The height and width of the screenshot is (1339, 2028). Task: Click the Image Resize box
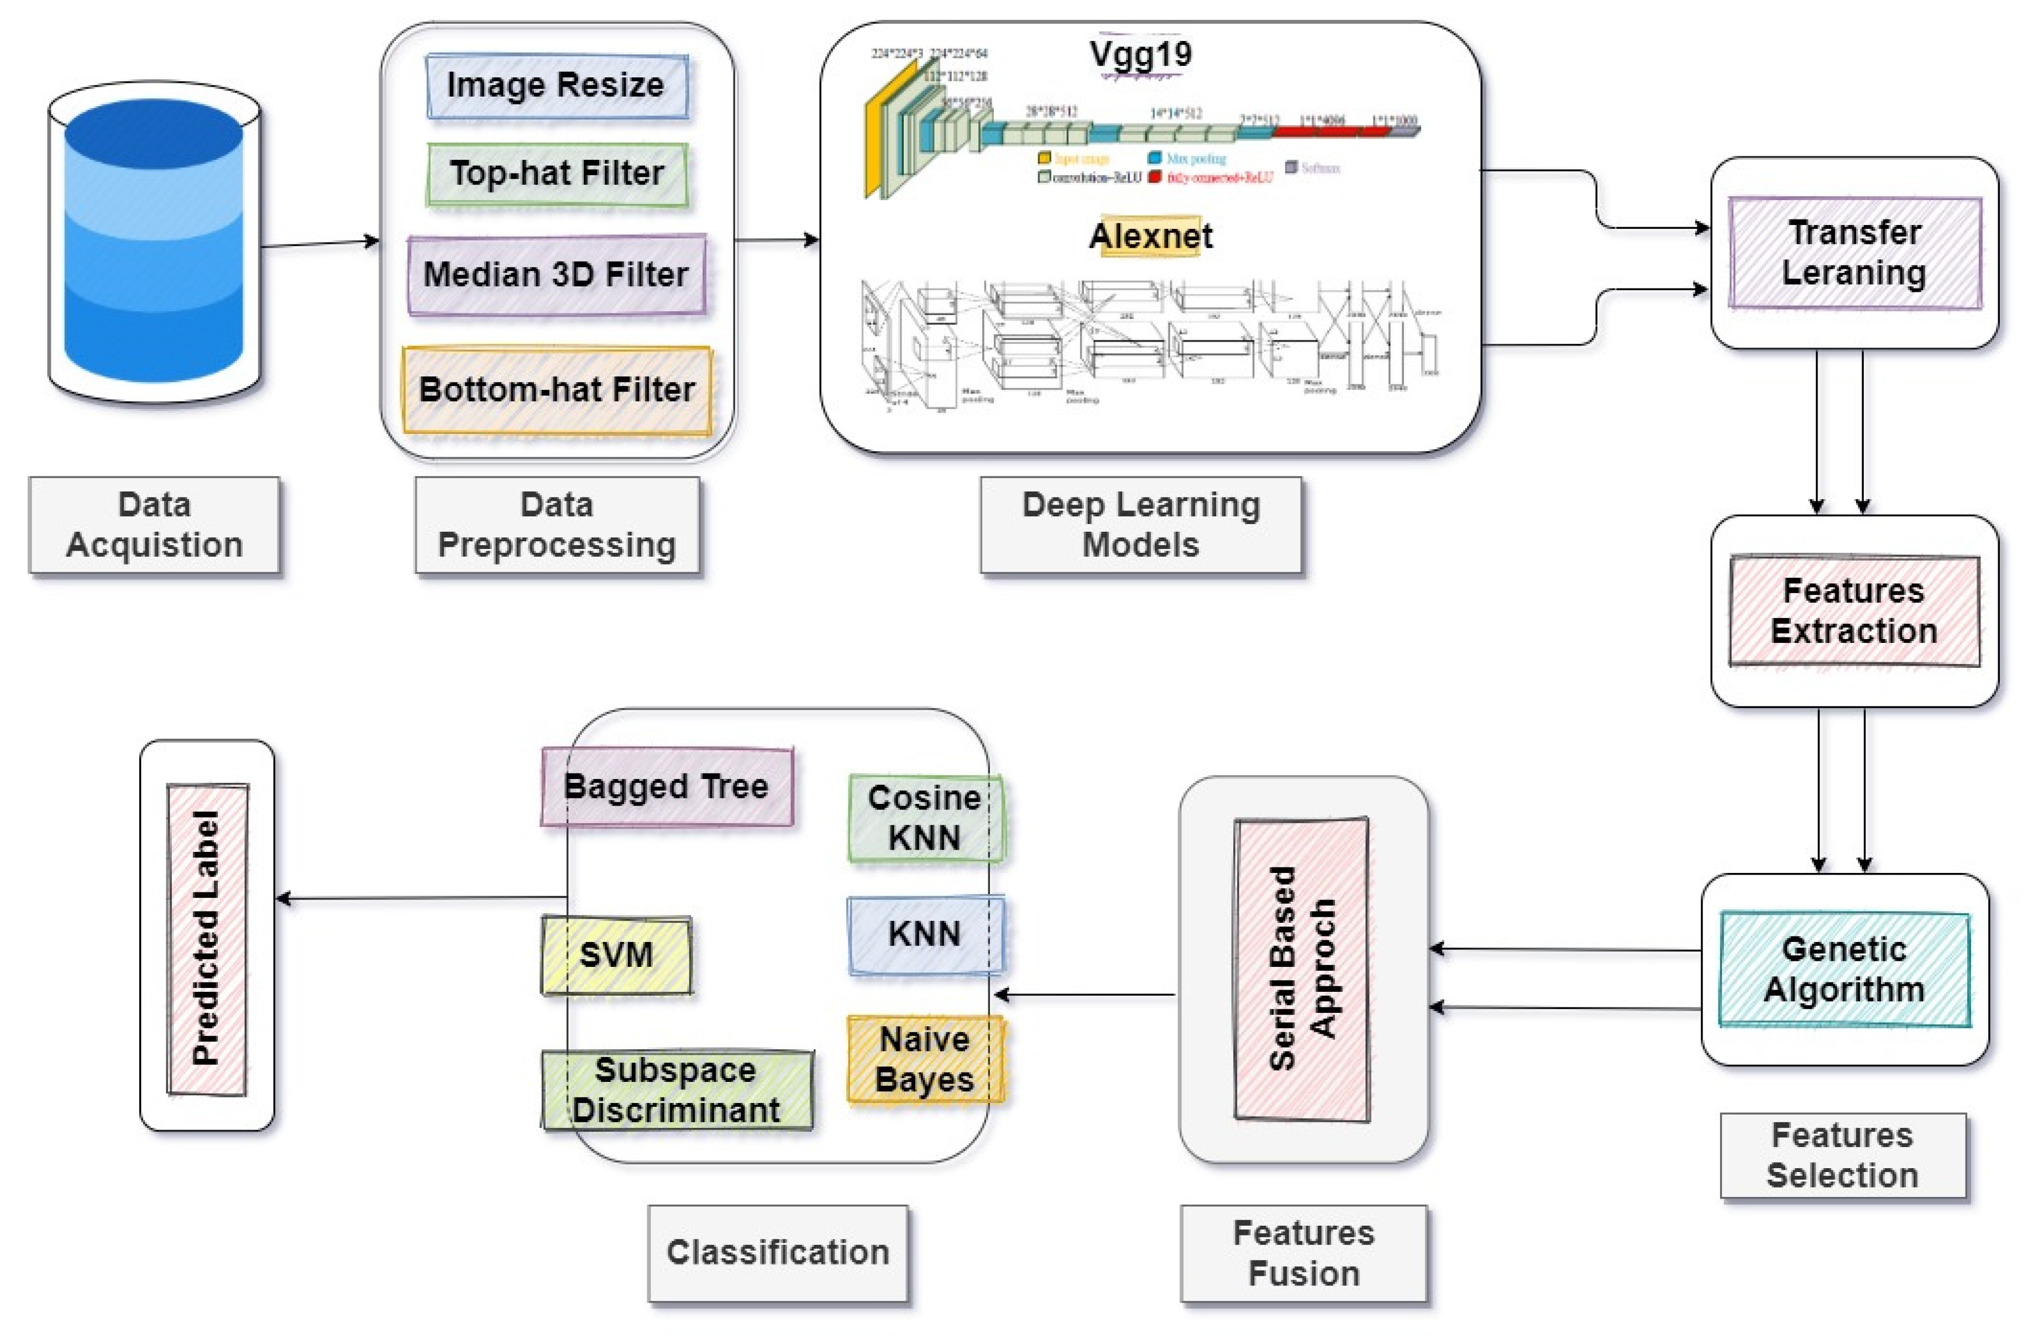(x=557, y=85)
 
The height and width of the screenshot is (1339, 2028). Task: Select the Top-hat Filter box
(x=557, y=174)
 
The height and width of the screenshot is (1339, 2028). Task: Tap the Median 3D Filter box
(x=557, y=275)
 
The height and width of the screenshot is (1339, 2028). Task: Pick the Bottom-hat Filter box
(x=557, y=389)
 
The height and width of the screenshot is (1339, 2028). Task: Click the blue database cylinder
(x=154, y=243)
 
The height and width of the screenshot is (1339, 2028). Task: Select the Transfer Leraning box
(x=1854, y=253)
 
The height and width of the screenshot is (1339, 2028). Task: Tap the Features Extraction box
(x=1854, y=610)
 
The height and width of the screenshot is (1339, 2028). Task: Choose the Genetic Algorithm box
(x=1843, y=969)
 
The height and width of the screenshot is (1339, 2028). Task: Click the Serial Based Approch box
(x=1302, y=969)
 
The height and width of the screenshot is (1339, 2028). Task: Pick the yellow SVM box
(x=616, y=955)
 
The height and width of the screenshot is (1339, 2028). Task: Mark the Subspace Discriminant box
(x=676, y=1090)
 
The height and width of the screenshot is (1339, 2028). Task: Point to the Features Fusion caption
(x=1303, y=1253)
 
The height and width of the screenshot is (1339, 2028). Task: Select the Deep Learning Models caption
(x=1140, y=524)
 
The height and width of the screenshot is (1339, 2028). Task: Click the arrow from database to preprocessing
(x=320, y=243)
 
